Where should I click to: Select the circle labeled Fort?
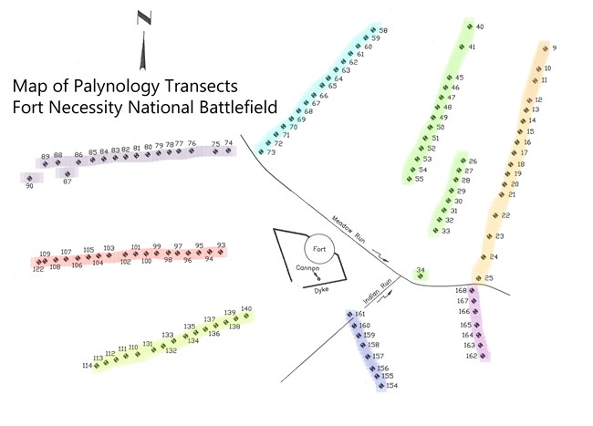click(x=317, y=249)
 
